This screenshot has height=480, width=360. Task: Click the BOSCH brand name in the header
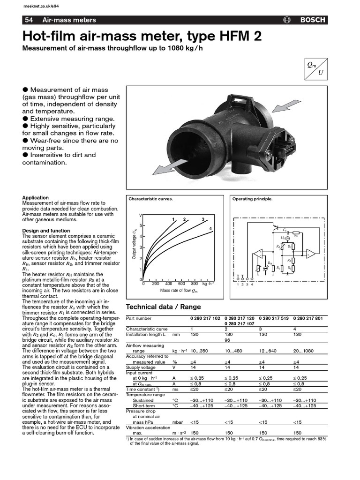click(313, 20)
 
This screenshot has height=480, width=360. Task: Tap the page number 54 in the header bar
click(29, 20)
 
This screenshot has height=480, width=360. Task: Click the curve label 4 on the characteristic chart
click(210, 228)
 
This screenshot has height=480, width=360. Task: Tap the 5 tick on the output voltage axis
click(141, 225)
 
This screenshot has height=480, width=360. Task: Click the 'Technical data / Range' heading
click(164, 307)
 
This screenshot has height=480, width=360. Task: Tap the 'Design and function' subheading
click(46, 231)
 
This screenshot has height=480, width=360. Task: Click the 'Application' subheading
click(36, 198)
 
